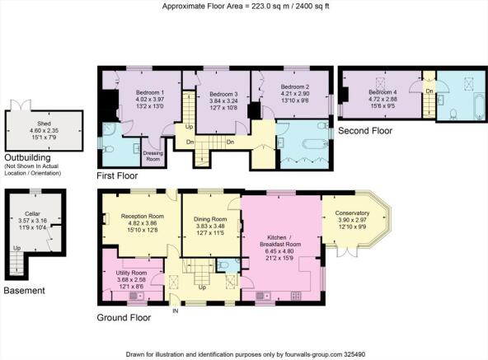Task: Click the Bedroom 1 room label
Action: click(150, 93)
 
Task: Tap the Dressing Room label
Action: click(152, 156)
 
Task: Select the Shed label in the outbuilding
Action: click(44, 124)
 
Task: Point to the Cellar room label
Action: click(32, 213)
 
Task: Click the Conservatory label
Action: click(352, 213)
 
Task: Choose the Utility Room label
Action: click(131, 273)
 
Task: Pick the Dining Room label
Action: click(210, 219)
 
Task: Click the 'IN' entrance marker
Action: click(176, 311)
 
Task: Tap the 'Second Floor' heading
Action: click(365, 131)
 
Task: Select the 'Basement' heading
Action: click(24, 291)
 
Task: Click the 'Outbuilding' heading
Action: click(27, 157)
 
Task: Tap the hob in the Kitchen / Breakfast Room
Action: click(296, 295)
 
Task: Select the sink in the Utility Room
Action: click(136, 295)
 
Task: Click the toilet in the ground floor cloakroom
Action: click(223, 265)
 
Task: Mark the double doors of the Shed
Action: click(21, 105)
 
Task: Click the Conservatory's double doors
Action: click(346, 250)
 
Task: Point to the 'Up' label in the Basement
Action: click(16, 248)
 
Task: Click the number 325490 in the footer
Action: click(354, 354)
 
